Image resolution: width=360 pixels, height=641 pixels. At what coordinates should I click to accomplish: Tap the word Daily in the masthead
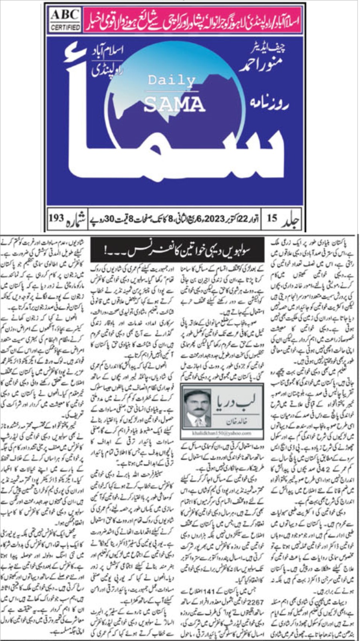click(x=171, y=80)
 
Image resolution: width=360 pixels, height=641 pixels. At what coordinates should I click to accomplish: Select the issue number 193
click(x=56, y=218)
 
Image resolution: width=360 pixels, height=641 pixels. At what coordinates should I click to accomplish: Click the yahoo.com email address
click(x=222, y=433)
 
